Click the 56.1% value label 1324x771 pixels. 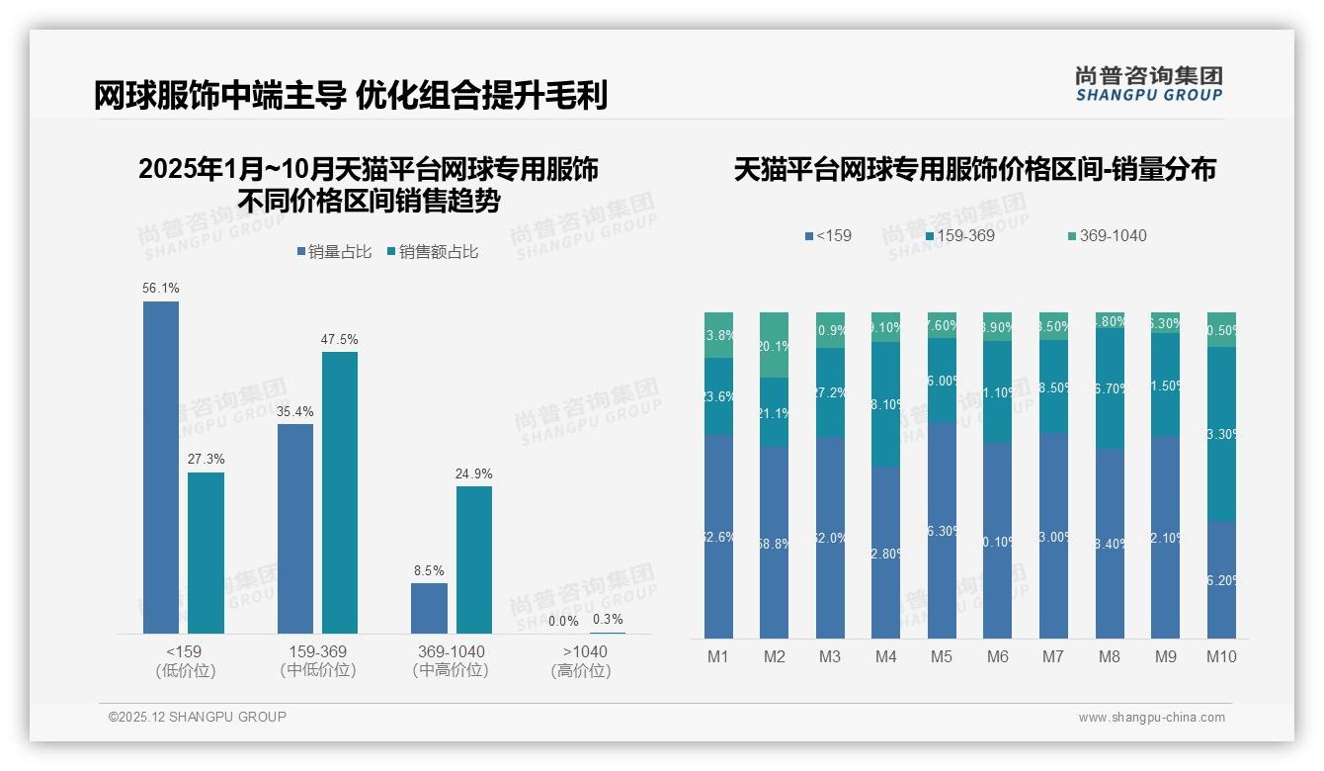point(161,288)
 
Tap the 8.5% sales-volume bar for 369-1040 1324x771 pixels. point(429,608)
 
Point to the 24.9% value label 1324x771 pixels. point(474,473)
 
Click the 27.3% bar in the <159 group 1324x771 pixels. point(206,553)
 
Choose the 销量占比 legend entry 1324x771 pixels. point(335,252)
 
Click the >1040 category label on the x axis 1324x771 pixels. point(585,652)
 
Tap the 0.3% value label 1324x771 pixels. point(607,619)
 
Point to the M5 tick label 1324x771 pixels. point(942,656)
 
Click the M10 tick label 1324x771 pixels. point(1221,656)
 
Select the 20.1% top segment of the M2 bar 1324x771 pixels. point(774,345)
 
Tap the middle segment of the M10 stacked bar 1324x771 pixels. point(1221,434)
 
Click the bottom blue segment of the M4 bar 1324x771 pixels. point(885,553)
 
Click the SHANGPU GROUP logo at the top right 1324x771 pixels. point(1149,83)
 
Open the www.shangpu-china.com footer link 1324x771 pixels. point(1151,718)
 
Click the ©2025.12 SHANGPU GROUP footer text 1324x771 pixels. point(198,717)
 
